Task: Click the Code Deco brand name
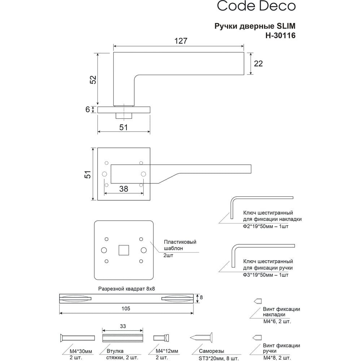(256, 6)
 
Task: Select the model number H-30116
(280, 35)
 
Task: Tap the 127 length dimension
(181, 41)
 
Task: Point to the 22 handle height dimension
(258, 64)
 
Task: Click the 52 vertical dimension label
(93, 80)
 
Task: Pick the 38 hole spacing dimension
(123, 189)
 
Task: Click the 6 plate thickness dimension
(87, 109)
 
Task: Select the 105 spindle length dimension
(126, 309)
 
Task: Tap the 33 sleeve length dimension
(123, 326)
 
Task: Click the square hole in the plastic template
(123, 250)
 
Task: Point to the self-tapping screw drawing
(201, 338)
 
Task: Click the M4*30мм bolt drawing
(77, 338)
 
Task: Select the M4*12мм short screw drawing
(161, 338)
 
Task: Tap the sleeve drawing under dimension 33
(123, 338)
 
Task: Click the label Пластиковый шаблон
(180, 245)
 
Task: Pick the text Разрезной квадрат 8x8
(126, 289)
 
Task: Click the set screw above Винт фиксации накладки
(258, 301)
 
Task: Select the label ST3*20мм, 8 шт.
(218, 358)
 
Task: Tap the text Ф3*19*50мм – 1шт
(265, 275)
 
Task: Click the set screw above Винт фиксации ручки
(257, 338)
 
